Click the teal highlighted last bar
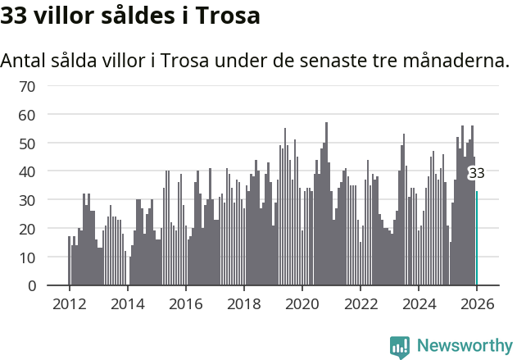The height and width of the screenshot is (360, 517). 477,239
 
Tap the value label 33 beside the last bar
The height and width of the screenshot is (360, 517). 476,173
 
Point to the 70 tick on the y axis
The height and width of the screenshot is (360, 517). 27,86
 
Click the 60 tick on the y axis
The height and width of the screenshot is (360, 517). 27,115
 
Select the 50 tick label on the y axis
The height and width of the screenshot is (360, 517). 27,144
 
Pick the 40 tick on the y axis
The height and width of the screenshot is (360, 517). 27,172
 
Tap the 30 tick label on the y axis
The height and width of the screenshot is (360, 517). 27,200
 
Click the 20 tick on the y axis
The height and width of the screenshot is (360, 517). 27,229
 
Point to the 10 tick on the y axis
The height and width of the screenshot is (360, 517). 27,257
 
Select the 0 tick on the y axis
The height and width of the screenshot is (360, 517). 31,286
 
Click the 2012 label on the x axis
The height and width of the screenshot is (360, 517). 69,303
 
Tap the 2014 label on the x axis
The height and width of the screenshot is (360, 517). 127,303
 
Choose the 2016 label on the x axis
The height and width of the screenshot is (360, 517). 185,303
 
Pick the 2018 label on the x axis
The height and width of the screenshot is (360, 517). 243,303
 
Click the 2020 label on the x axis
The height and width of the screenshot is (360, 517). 302,303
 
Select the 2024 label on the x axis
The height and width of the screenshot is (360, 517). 419,303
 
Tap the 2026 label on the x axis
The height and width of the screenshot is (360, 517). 477,303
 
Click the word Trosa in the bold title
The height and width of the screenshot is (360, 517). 229,16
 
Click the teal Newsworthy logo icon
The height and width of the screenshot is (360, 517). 400,346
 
